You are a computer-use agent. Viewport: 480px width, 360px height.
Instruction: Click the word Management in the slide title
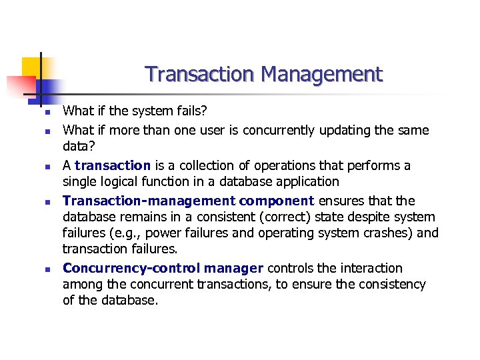(x=322, y=74)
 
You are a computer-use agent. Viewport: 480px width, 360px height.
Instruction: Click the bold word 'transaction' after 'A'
(x=113, y=165)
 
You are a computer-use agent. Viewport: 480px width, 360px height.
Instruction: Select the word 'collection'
(x=190, y=165)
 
